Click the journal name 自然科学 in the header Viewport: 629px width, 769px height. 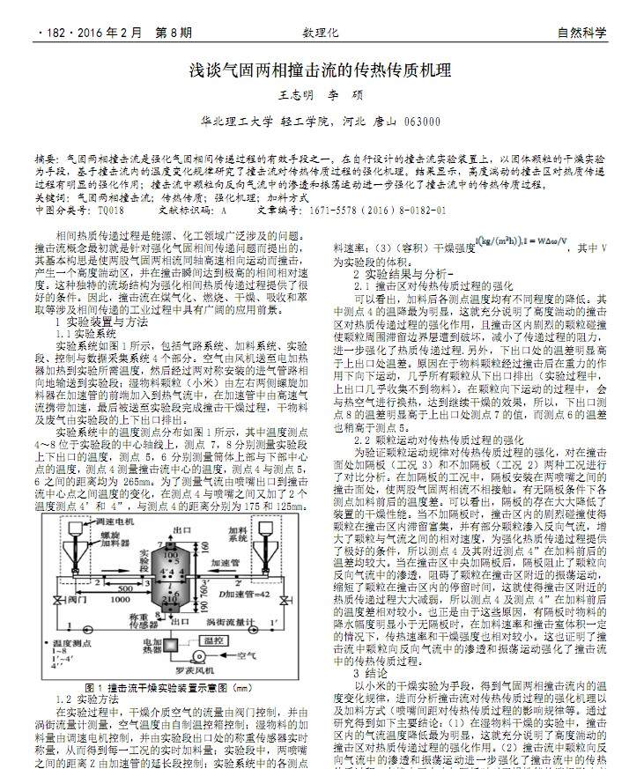coord(581,33)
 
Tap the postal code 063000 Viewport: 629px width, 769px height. coord(421,122)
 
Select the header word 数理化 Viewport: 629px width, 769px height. coord(320,33)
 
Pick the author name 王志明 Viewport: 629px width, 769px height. coord(296,95)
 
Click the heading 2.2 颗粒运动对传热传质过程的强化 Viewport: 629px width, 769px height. coord(438,439)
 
